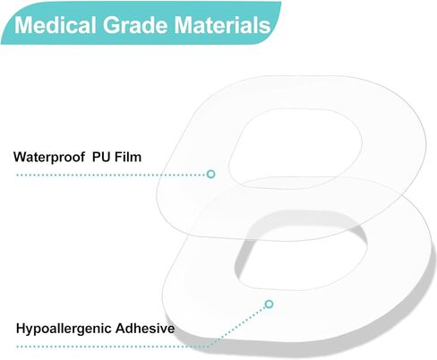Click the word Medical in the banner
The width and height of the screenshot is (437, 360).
(55, 25)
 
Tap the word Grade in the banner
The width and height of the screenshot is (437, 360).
(135, 25)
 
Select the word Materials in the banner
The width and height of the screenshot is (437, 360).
(222, 25)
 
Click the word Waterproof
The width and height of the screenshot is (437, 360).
(49, 158)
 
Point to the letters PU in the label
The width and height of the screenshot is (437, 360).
(102, 157)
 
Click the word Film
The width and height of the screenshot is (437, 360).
(128, 157)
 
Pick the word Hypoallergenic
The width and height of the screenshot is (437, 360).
(64, 329)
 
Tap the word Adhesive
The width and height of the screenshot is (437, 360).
(145, 329)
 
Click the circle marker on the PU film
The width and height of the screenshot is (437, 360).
(211, 174)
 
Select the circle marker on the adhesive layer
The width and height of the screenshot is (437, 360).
(270, 304)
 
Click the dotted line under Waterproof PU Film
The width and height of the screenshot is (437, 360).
(112, 175)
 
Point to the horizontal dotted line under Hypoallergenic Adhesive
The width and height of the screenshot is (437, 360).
(114, 347)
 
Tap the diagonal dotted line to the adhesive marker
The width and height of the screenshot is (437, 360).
(237, 327)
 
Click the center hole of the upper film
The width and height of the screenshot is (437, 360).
(296, 149)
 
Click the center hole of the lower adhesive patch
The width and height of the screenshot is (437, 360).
(302, 251)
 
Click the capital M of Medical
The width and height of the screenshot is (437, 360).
(23, 25)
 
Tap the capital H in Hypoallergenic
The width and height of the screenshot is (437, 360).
(21, 328)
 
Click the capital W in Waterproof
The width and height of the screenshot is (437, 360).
(20, 157)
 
